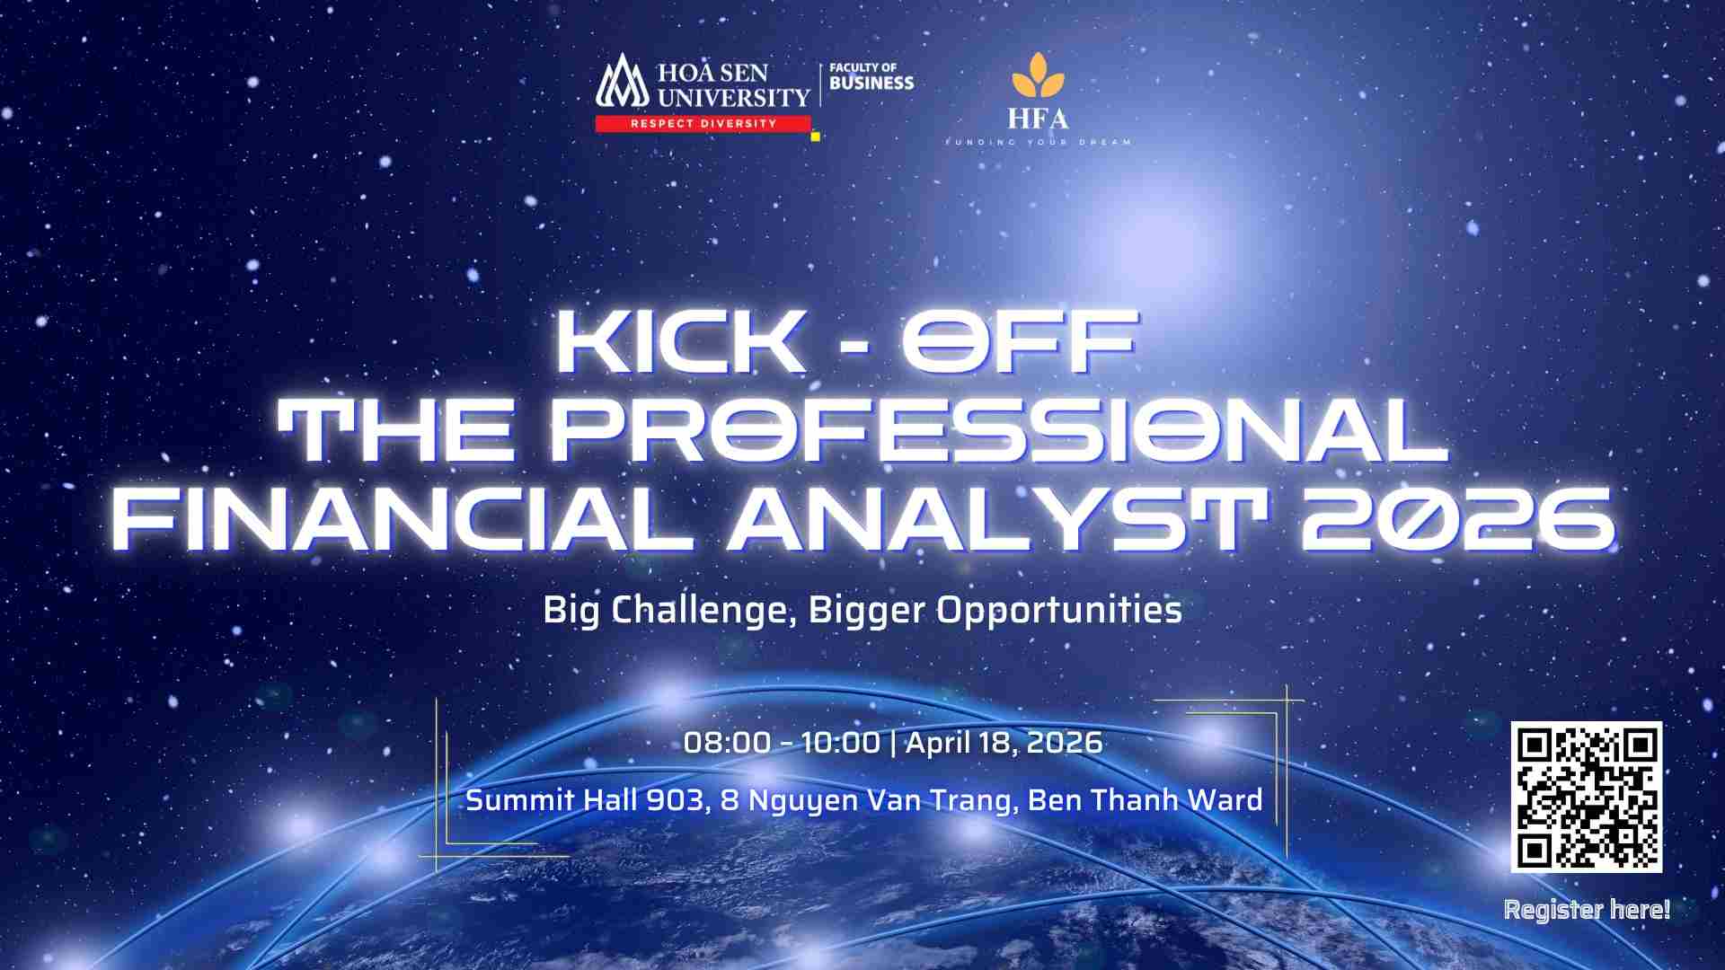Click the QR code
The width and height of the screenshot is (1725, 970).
pyautogui.click(x=1587, y=797)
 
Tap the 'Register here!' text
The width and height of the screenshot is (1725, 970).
pyautogui.click(x=1587, y=910)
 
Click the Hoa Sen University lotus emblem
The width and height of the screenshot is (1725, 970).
pyautogui.click(x=622, y=82)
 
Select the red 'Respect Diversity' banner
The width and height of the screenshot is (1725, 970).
pyautogui.click(x=703, y=123)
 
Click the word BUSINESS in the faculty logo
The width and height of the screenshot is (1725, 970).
pyautogui.click(x=871, y=84)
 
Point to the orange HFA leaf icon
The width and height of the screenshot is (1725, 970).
pyautogui.click(x=1038, y=74)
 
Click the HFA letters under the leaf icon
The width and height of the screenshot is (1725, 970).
pyautogui.click(x=1038, y=119)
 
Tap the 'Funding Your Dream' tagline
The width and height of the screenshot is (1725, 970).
pyautogui.click(x=1038, y=142)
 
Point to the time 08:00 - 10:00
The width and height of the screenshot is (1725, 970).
pyautogui.click(x=782, y=743)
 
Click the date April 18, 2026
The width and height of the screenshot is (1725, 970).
pyautogui.click(x=1004, y=743)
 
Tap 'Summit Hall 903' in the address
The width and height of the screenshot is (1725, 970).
pyautogui.click(x=584, y=799)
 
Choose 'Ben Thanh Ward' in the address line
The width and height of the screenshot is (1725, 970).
pyautogui.click(x=1146, y=799)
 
